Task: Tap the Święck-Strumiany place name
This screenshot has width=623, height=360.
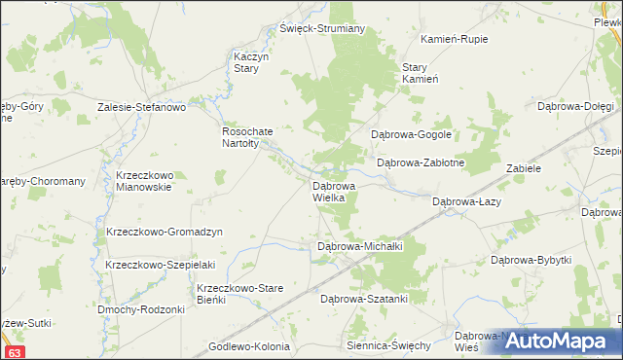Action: pos(322,28)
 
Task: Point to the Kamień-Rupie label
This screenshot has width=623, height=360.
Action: pos(454,39)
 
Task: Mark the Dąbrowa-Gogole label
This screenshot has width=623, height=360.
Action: pos(409,134)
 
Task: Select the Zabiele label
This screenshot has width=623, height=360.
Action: pos(523,168)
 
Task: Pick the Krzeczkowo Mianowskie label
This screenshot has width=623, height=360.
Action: pos(143,181)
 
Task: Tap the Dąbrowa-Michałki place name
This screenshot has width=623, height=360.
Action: pos(360,247)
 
